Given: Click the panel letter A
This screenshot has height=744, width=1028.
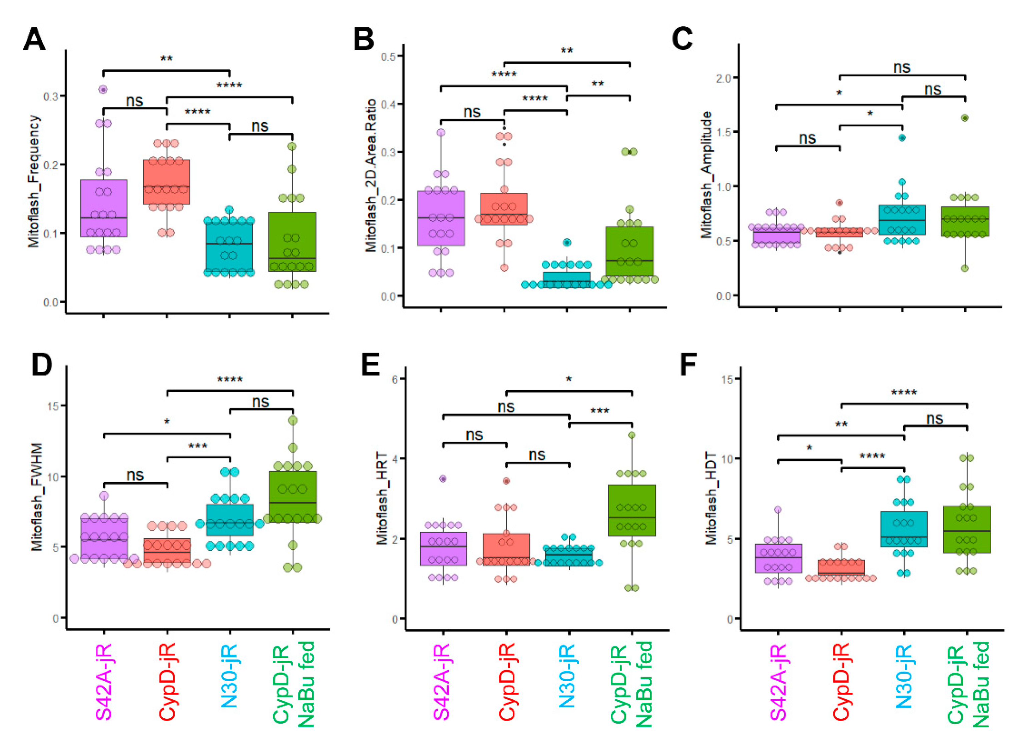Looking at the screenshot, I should [34, 40].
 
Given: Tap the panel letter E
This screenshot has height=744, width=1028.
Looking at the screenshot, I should [370, 365].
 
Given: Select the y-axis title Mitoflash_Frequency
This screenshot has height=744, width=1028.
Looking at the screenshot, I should [34, 181].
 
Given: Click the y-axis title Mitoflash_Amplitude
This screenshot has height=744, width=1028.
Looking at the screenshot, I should [706, 175].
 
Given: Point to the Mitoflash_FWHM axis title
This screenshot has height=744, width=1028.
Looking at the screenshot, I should [37, 497].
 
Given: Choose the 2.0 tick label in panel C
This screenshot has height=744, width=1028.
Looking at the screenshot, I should [723, 78].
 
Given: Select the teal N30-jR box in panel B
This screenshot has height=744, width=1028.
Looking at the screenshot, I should [567, 279].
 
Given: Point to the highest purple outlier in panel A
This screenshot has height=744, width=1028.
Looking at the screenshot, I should [103, 90].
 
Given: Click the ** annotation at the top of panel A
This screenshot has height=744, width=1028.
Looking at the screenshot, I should [166, 59].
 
